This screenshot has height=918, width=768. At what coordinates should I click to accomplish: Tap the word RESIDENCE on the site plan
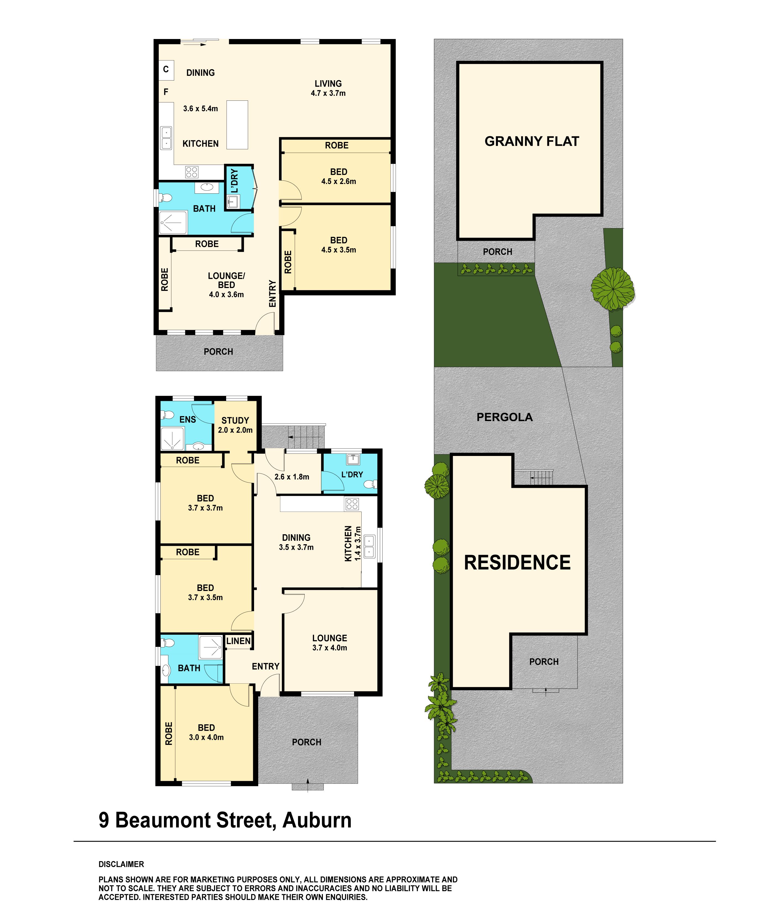tap(517, 562)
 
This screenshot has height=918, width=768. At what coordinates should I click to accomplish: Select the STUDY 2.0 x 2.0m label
tap(235, 425)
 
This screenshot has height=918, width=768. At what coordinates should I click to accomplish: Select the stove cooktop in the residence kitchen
tap(352, 504)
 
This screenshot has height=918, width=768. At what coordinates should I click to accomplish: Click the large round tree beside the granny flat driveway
tap(612, 289)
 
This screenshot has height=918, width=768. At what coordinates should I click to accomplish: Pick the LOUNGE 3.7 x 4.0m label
tap(329, 643)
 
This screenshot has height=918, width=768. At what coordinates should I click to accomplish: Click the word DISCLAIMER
tap(121, 864)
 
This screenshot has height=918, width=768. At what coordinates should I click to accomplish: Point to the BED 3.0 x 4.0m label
tap(206, 732)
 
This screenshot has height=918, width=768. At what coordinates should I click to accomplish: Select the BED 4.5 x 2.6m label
tap(339, 177)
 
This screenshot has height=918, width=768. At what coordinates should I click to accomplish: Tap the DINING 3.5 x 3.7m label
tap(296, 542)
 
